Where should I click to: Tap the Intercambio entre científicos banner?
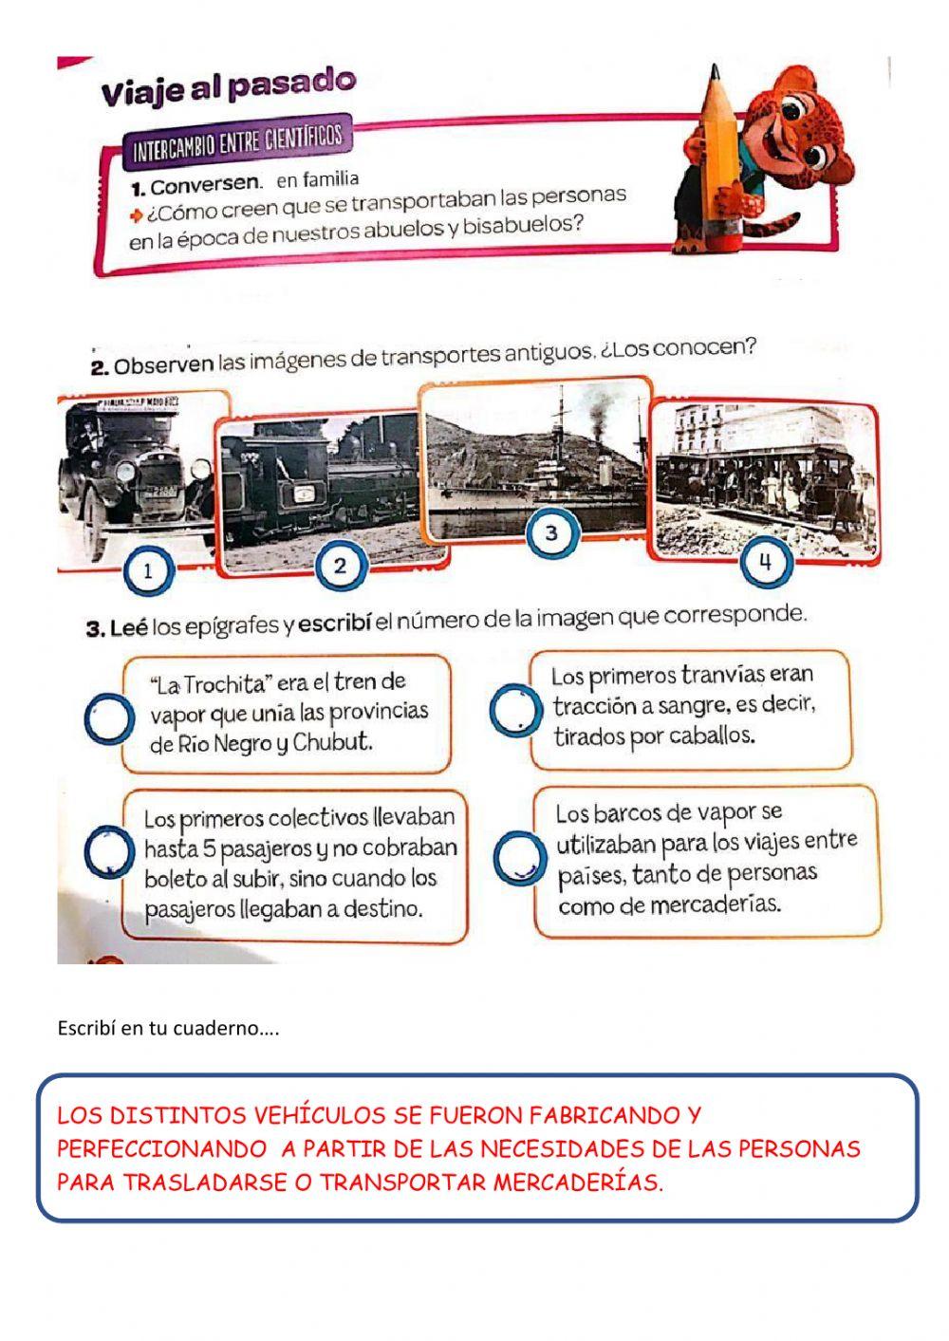click(x=236, y=141)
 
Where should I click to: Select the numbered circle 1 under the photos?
click(x=148, y=572)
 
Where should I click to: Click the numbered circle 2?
click(x=339, y=567)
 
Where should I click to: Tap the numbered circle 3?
click(x=551, y=532)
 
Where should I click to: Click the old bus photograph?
click(x=138, y=475)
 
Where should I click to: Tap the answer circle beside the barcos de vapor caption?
click(x=519, y=857)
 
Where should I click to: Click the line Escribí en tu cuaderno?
click(x=168, y=1028)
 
